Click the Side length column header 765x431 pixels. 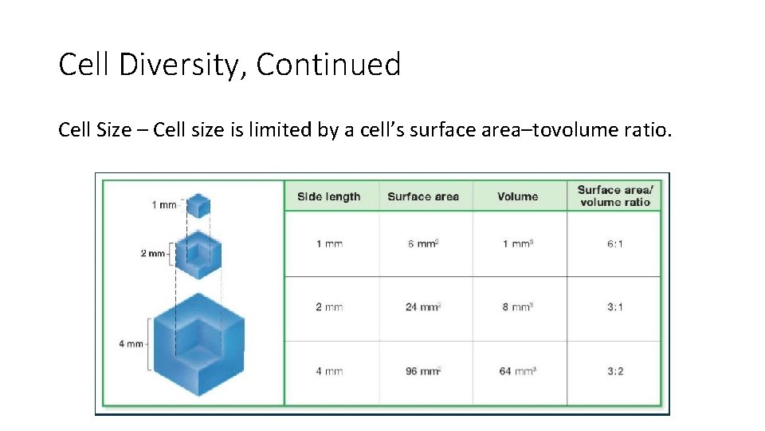coord(328,196)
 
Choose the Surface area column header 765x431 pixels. coord(423,196)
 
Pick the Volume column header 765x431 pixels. coord(517,196)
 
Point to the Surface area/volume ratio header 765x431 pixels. coord(614,196)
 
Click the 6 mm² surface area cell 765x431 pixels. coord(423,243)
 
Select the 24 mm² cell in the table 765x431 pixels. coord(423,306)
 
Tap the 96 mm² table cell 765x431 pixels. coord(423,371)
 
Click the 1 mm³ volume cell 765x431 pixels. coord(517,243)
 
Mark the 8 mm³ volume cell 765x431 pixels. coord(517,306)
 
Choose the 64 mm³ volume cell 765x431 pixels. coord(517,371)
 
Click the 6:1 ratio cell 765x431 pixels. coord(614,243)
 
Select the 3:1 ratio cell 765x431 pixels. coord(614,306)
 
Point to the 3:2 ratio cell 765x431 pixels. coord(614,371)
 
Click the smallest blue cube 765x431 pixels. coord(198,206)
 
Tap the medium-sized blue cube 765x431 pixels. coord(198,254)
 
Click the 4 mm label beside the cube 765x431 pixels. coord(131,344)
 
